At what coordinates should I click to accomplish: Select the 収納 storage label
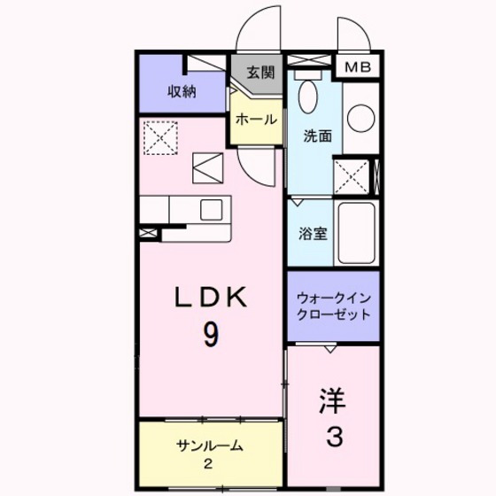point(182,91)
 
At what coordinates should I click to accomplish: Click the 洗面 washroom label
point(318,136)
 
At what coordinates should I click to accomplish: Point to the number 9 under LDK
point(212,335)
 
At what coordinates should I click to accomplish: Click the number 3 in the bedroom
point(334,437)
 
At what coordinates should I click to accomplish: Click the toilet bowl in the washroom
point(307,97)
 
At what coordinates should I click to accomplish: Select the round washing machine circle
point(360,119)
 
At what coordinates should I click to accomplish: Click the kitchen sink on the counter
point(213,210)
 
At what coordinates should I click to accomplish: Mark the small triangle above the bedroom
point(329,349)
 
